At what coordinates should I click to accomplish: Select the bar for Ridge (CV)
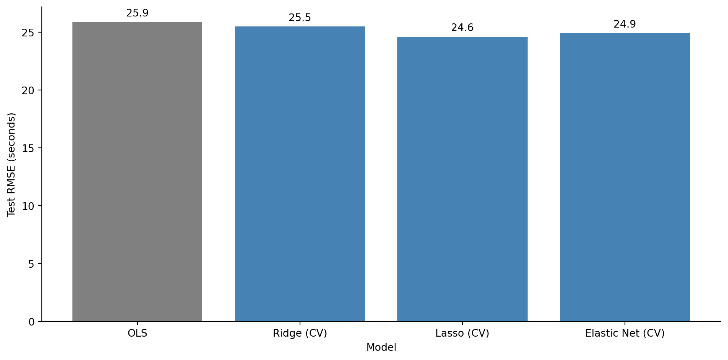[x=300, y=174]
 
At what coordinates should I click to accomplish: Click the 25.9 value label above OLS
[x=137, y=13]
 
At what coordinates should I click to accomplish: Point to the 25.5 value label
[x=300, y=18]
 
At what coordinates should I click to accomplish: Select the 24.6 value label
[x=462, y=28]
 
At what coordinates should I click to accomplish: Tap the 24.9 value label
[x=625, y=25]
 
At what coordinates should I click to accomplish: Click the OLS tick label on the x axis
[x=137, y=334]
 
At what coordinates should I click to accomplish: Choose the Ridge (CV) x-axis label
[x=300, y=334]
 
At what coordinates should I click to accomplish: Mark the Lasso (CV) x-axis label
[x=462, y=334]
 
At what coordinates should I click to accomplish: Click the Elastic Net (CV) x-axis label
[x=625, y=334]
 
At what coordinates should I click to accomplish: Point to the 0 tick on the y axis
[x=31, y=322]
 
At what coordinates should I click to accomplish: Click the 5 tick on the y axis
[x=31, y=264]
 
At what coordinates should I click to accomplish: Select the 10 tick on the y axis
[x=28, y=206]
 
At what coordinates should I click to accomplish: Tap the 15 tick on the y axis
[x=28, y=149]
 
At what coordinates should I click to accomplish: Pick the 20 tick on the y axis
[x=28, y=91]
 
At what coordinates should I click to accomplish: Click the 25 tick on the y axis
[x=28, y=33]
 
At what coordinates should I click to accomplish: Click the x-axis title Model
[x=381, y=348]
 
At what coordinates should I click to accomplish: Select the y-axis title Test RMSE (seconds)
[x=11, y=165]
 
